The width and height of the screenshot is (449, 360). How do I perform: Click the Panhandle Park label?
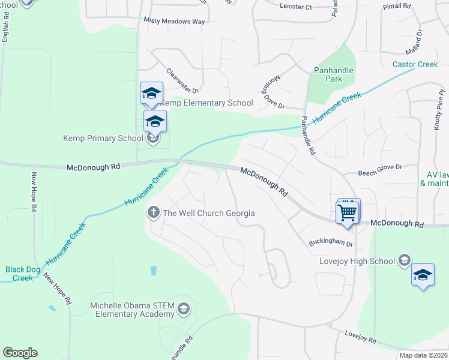(x=334, y=74)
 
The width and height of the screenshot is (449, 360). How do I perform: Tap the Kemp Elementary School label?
(x=206, y=103)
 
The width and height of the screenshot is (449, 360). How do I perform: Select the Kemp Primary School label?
(x=103, y=138)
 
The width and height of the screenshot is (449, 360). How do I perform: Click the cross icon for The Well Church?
(x=153, y=213)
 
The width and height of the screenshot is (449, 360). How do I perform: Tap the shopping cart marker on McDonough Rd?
(x=348, y=212)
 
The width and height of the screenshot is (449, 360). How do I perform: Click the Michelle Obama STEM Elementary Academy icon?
(x=184, y=309)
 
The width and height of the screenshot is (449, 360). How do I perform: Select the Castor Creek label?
(x=415, y=64)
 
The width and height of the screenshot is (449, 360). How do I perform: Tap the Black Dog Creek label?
(x=23, y=274)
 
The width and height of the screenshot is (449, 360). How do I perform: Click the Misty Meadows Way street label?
(x=174, y=20)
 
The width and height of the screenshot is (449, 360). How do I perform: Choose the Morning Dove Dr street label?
(x=273, y=93)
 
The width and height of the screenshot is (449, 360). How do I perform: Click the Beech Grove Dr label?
(x=379, y=166)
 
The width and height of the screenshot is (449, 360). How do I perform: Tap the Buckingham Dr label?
(x=331, y=244)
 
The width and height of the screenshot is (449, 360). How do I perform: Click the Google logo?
(x=20, y=353)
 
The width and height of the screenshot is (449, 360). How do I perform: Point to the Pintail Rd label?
(x=397, y=6)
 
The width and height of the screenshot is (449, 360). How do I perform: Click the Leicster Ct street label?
(x=296, y=7)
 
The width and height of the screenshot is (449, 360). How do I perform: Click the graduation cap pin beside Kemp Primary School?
(x=155, y=122)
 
